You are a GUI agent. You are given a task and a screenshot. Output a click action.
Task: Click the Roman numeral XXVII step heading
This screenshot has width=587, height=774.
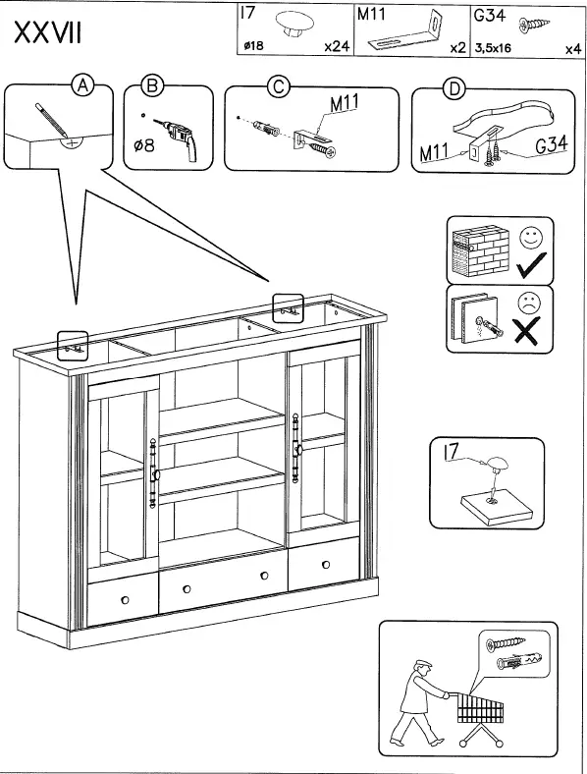pyautogui.click(x=47, y=33)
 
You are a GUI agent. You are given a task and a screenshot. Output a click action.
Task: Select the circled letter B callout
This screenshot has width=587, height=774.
pyautogui.click(x=152, y=87)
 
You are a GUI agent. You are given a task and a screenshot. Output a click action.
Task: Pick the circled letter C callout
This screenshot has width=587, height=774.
pyautogui.click(x=278, y=87)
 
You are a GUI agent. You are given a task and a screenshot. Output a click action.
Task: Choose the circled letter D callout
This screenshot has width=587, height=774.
pyautogui.click(x=454, y=89)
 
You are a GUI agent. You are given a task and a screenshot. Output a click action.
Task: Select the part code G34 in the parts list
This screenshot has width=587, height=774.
pyautogui.click(x=489, y=17)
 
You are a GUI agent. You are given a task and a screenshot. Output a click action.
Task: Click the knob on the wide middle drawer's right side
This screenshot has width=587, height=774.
pyautogui.click(x=264, y=576)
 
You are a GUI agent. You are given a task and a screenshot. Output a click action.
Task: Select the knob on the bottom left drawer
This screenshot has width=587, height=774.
pyautogui.click(x=124, y=599)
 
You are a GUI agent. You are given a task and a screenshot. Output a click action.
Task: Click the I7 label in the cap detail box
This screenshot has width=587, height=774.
pyautogui.click(x=452, y=452)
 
